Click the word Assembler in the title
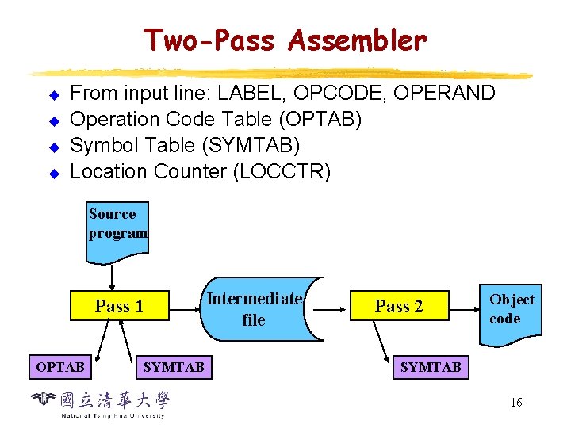click(358, 40)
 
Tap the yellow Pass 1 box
click(119, 307)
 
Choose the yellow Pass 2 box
click(399, 307)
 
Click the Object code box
click(511, 311)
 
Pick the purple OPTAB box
click(60, 367)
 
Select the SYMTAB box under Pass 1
click(174, 367)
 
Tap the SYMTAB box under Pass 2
click(431, 367)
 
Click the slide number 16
click(516, 403)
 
